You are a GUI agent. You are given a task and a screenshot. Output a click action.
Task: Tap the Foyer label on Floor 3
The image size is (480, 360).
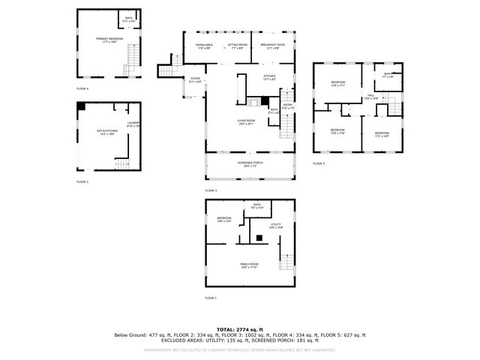pyautogui.click(x=195, y=79)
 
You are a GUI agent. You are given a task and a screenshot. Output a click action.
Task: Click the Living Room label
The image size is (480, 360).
pyautogui.click(x=246, y=122)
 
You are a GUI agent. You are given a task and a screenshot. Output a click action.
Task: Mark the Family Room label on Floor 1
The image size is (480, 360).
pyautogui.click(x=249, y=265)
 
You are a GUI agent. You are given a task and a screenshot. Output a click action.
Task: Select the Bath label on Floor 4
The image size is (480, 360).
pyautogui.click(x=129, y=19)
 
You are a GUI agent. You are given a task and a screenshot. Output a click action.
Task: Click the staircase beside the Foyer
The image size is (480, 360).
pyautogui.click(x=166, y=71)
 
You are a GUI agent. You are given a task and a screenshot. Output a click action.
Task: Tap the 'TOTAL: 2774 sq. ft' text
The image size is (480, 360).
pyautogui.click(x=239, y=329)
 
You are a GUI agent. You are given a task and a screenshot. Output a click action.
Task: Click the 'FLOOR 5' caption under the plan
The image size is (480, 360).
pyautogui.click(x=319, y=163)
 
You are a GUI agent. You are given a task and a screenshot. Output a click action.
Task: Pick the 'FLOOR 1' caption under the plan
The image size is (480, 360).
pyautogui.click(x=210, y=298)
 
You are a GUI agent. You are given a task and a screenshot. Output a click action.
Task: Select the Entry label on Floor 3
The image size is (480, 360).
pyautogui.click(x=287, y=106)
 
